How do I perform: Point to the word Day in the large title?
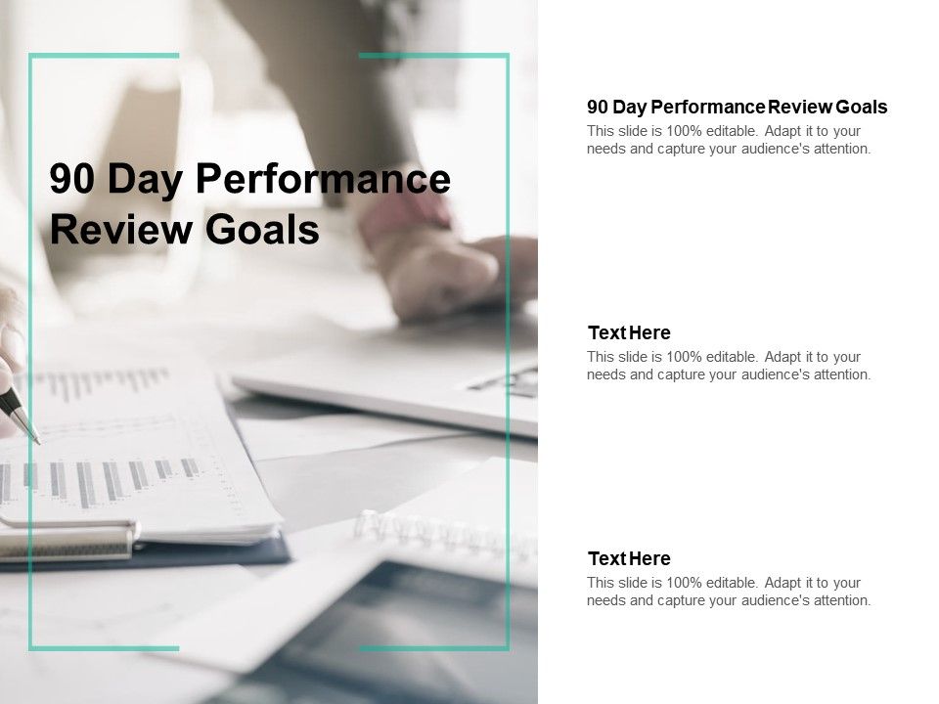(147, 180)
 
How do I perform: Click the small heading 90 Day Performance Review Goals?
(737, 107)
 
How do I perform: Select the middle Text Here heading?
(629, 332)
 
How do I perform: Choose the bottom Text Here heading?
(629, 558)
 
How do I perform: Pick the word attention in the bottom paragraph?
(839, 600)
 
